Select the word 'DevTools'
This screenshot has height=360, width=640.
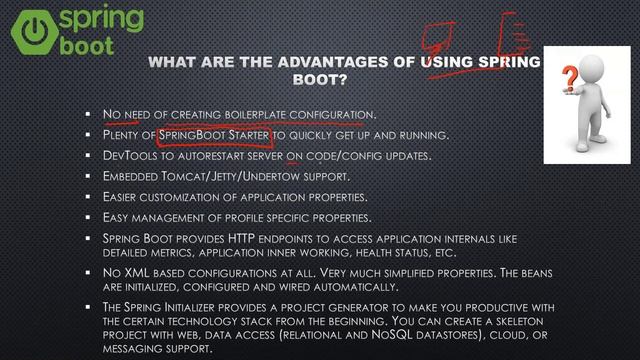click(x=128, y=156)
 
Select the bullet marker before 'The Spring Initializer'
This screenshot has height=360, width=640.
click(x=89, y=308)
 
